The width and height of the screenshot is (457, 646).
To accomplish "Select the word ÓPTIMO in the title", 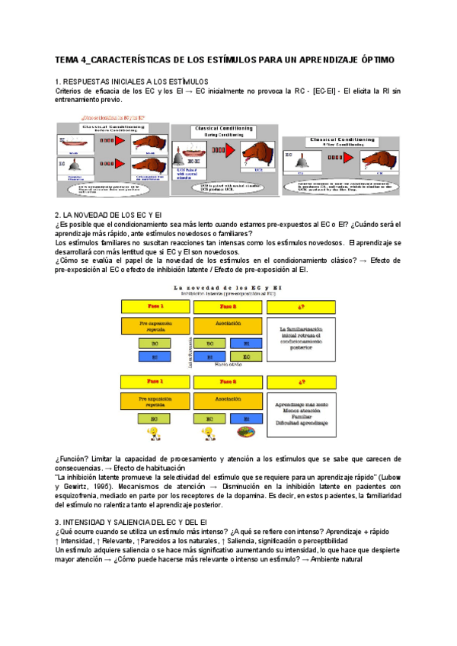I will click(x=373, y=59).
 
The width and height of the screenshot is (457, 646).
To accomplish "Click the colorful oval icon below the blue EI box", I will click(x=245, y=432).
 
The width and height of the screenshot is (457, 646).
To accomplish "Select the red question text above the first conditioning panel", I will click(x=110, y=117).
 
